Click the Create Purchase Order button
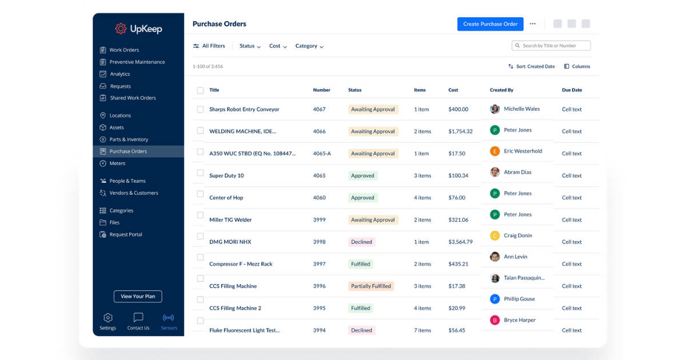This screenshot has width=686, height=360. (490, 24)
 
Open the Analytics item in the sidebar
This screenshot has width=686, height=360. (119, 74)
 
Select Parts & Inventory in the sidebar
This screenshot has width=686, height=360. (129, 139)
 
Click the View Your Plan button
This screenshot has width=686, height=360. (138, 297)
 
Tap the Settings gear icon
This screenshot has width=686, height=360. (107, 318)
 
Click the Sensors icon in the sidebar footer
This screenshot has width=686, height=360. (169, 318)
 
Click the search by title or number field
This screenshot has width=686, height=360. (551, 46)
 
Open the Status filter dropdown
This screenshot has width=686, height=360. (250, 46)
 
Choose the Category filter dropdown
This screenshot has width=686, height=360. (309, 46)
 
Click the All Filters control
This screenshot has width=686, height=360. (209, 46)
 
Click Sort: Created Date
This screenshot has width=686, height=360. (531, 66)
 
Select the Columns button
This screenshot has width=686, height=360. (577, 66)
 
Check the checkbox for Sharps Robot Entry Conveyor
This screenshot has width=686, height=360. (200, 109)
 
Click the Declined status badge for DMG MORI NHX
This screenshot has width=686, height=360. (361, 242)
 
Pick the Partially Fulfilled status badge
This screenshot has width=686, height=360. (371, 286)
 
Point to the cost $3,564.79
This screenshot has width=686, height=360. (460, 242)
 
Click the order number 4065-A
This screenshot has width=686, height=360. (322, 154)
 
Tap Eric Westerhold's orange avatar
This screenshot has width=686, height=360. (495, 151)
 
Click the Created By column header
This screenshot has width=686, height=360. (501, 90)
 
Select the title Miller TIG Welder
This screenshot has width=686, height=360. (230, 220)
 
